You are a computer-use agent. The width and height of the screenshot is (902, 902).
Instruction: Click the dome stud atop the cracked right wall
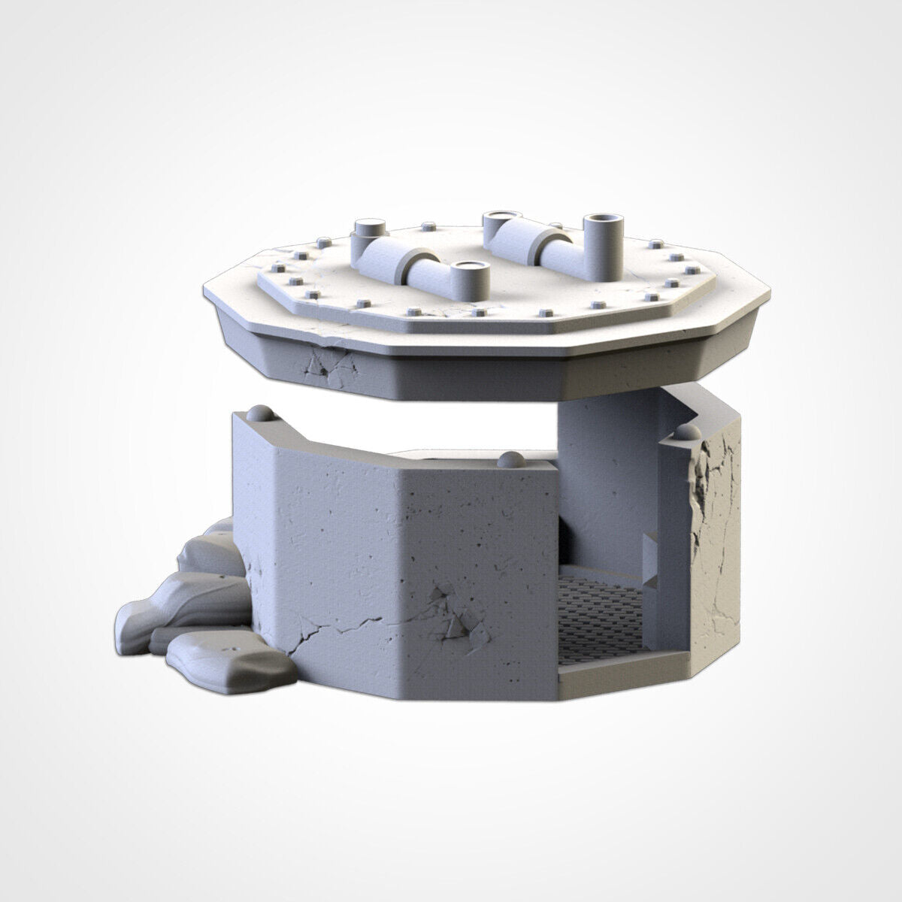(x=689, y=433)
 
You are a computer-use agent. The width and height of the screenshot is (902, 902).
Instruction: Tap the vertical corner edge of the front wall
(x=275, y=564)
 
